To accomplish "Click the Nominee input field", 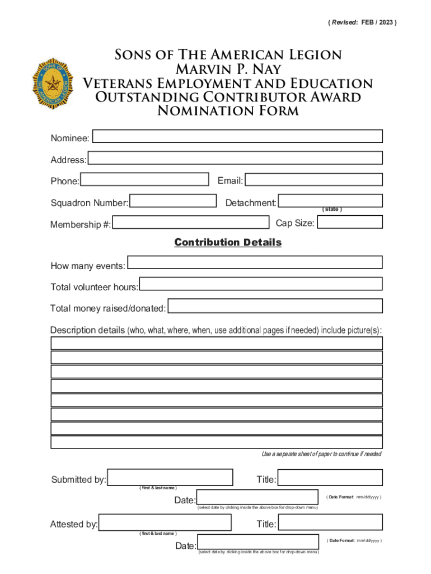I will coord(237,136).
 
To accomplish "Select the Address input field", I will coord(235,159).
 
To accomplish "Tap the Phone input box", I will coord(144,179).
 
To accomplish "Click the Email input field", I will coord(314,179).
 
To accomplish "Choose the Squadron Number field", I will coord(173,201).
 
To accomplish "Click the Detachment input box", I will coord(330,200).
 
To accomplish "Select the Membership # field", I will coord(190,223).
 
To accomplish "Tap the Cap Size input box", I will coord(349,222).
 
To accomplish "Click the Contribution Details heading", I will coord(228,242).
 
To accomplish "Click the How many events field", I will coord(255,262).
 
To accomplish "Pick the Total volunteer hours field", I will coord(261,284).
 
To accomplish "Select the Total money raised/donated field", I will coord(275,306).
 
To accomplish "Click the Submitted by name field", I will coord(170,477).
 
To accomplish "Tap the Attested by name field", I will coord(165,522).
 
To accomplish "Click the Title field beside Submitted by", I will coord(330,478).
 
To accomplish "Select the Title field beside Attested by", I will coord(330,522).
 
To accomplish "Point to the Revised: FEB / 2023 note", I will coord(362,22).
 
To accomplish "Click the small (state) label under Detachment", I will coord(332,210).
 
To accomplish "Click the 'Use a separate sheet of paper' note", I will coord(321,453).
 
